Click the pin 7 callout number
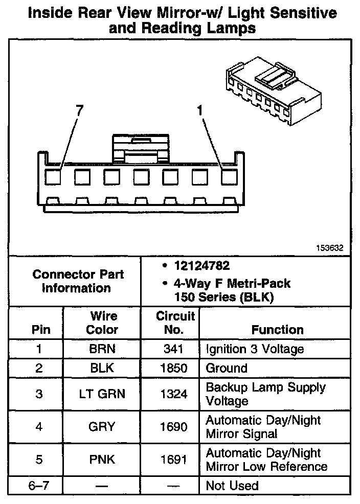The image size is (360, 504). (x=79, y=110)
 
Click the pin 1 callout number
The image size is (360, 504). (x=200, y=110)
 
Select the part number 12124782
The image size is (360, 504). (x=201, y=266)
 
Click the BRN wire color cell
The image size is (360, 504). (x=102, y=350)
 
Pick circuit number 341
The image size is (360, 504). (x=173, y=350)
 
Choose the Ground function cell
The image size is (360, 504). (x=227, y=369)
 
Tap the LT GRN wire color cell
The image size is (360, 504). (x=102, y=394)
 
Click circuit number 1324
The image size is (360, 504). (x=173, y=394)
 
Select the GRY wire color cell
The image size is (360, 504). (x=102, y=427)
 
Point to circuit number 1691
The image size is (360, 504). (x=173, y=460)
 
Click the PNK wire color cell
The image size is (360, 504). (x=102, y=460)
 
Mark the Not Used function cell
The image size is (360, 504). (x=232, y=486)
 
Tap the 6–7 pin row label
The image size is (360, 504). (x=39, y=486)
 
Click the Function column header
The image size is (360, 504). (x=277, y=330)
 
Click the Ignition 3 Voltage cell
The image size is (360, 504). (x=255, y=350)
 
